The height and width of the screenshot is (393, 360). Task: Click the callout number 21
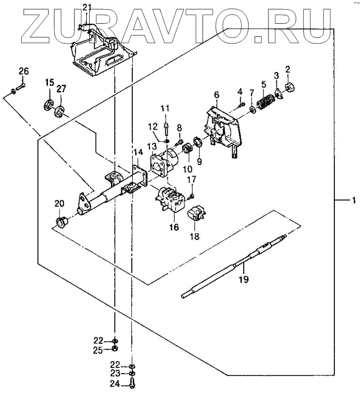point(86,7)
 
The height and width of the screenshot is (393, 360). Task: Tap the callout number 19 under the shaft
point(244,279)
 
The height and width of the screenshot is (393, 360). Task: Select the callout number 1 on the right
point(354,199)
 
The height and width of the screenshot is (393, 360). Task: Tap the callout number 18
point(195,237)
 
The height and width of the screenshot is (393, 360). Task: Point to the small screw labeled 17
point(191,196)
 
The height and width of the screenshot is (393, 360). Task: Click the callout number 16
point(173,227)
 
